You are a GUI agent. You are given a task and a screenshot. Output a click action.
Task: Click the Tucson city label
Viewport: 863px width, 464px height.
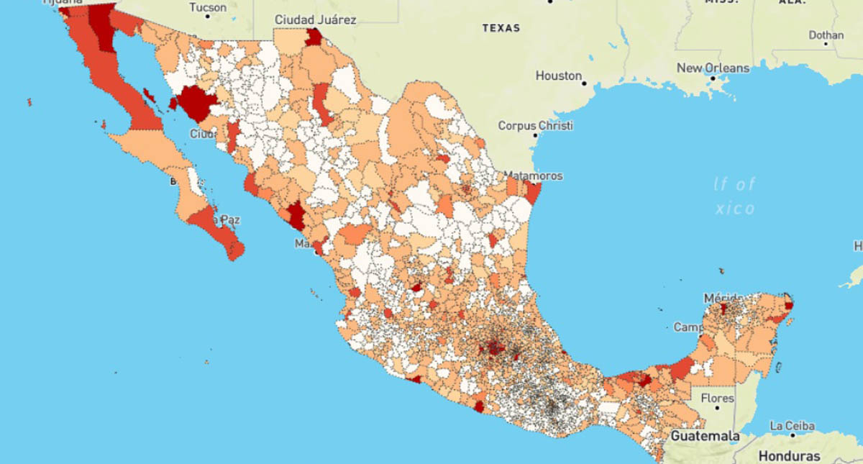(x=207, y=8)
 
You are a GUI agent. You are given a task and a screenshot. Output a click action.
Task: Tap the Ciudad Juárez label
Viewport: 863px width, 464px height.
(x=315, y=19)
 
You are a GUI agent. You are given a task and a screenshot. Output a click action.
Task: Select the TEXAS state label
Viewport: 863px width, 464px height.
(x=501, y=28)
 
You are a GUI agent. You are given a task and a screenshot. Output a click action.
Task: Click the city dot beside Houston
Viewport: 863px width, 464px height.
(x=585, y=83)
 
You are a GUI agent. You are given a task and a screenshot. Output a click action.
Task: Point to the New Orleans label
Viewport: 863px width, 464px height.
(x=713, y=68)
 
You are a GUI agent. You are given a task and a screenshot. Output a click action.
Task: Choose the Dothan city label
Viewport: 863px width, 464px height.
(x=826, y=34)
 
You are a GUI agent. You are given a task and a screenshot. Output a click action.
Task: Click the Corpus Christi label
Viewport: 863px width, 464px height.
(x=536, y=125)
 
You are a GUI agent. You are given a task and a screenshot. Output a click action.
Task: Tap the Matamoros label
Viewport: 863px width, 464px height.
(x=533, y=176)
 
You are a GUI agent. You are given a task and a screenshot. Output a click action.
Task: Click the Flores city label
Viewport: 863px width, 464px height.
(x=718, y=398)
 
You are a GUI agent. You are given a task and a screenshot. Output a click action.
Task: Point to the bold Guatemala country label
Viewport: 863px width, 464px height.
(x=705, y=436)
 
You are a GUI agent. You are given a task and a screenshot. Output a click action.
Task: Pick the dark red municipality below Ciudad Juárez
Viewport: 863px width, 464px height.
(x=314, y=37)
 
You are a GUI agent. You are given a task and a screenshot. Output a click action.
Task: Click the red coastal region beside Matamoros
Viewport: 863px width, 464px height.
(x=533, y=193)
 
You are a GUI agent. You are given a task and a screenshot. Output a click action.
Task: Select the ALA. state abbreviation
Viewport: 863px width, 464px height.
(x=792, y=2)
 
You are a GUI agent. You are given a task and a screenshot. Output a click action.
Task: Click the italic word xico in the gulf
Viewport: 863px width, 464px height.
(x=735, y=209)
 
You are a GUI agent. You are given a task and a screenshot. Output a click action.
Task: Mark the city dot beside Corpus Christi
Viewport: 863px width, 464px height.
(x=535, y=135)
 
